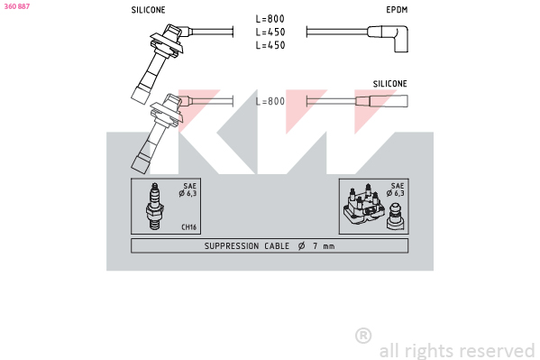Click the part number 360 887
[17, 6]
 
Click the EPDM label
[397, 10]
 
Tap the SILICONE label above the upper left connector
[148, 10]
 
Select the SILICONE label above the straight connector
[389, 84]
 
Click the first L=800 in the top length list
[270, 19]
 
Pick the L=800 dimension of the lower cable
[270, 101]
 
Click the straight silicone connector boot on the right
[381, 101]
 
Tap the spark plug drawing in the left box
[155, 207]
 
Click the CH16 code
[188, 226]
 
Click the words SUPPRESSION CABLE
[247, 245]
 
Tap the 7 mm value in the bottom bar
[324, 245]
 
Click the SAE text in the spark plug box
[189, 186]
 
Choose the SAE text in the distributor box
[398, 186]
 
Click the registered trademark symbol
[363, 336]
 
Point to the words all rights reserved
[457, 351]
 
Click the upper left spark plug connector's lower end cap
[141, 95]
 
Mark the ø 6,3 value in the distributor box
[396, 193]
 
